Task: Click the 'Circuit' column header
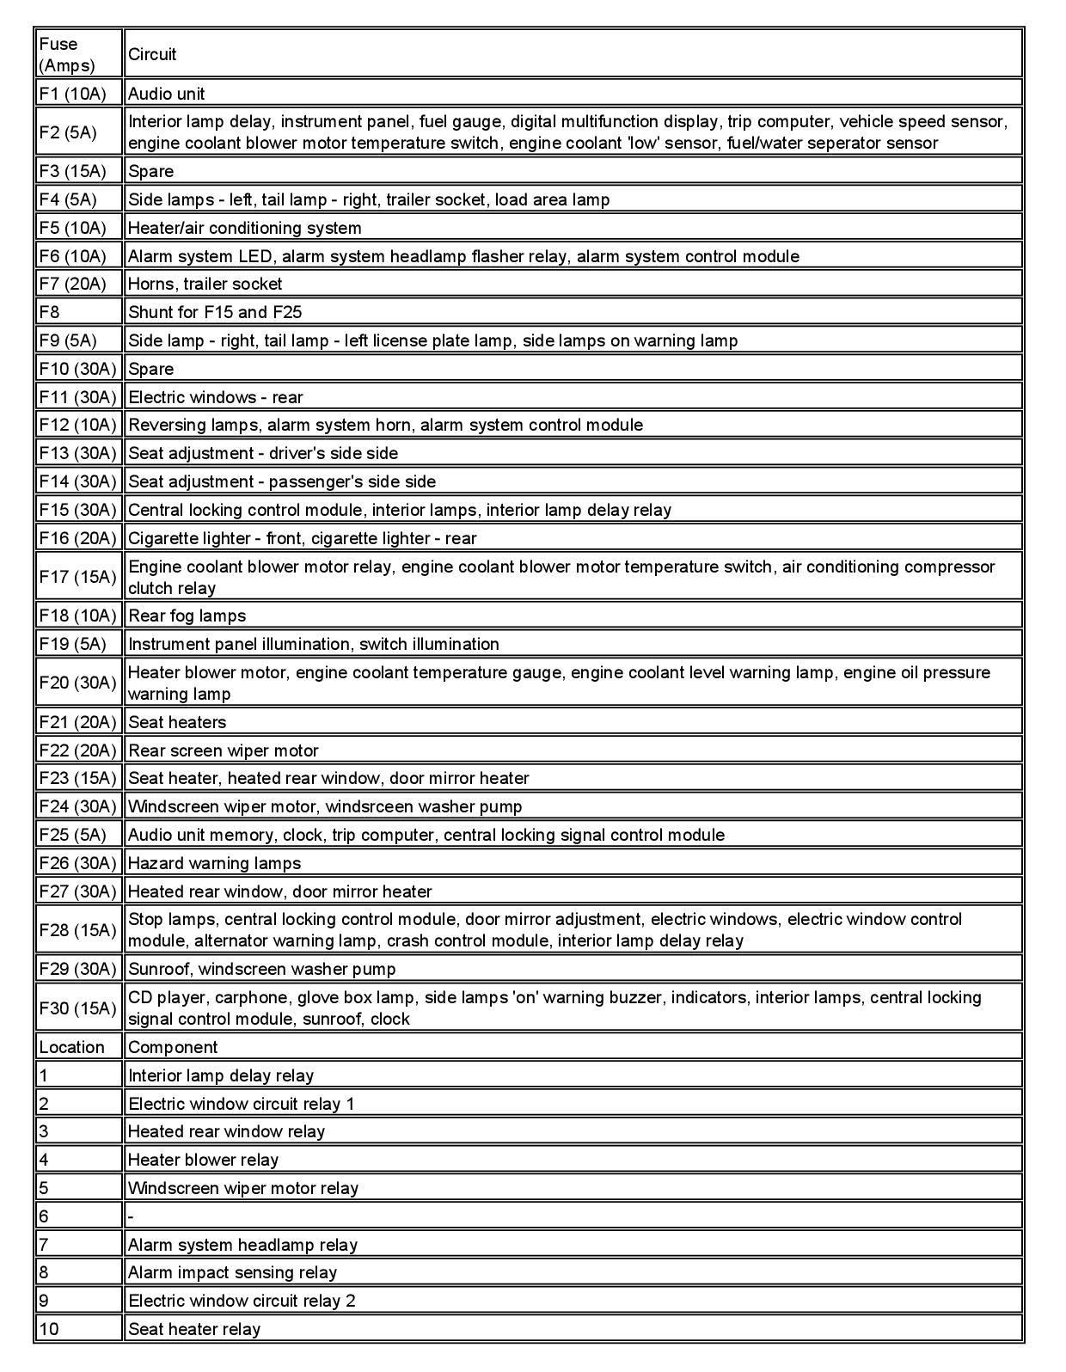point(152,54)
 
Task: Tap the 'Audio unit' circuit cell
point(167,94)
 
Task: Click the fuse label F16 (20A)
point(77,538)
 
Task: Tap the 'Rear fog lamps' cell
point(187,616)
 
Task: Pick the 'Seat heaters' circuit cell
point(177,722)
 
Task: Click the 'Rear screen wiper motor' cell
point(224,750)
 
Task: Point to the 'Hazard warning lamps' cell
point(215,863)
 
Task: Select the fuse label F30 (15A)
point(77,1008)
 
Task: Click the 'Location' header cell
point(71,1047)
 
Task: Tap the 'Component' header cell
point(173,1047)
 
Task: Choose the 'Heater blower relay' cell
point(203,1160)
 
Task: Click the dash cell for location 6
point(132,1216)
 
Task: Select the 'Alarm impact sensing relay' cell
point(232,1272)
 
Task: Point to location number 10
point(49,1329)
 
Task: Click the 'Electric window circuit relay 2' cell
point(242,1301)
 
